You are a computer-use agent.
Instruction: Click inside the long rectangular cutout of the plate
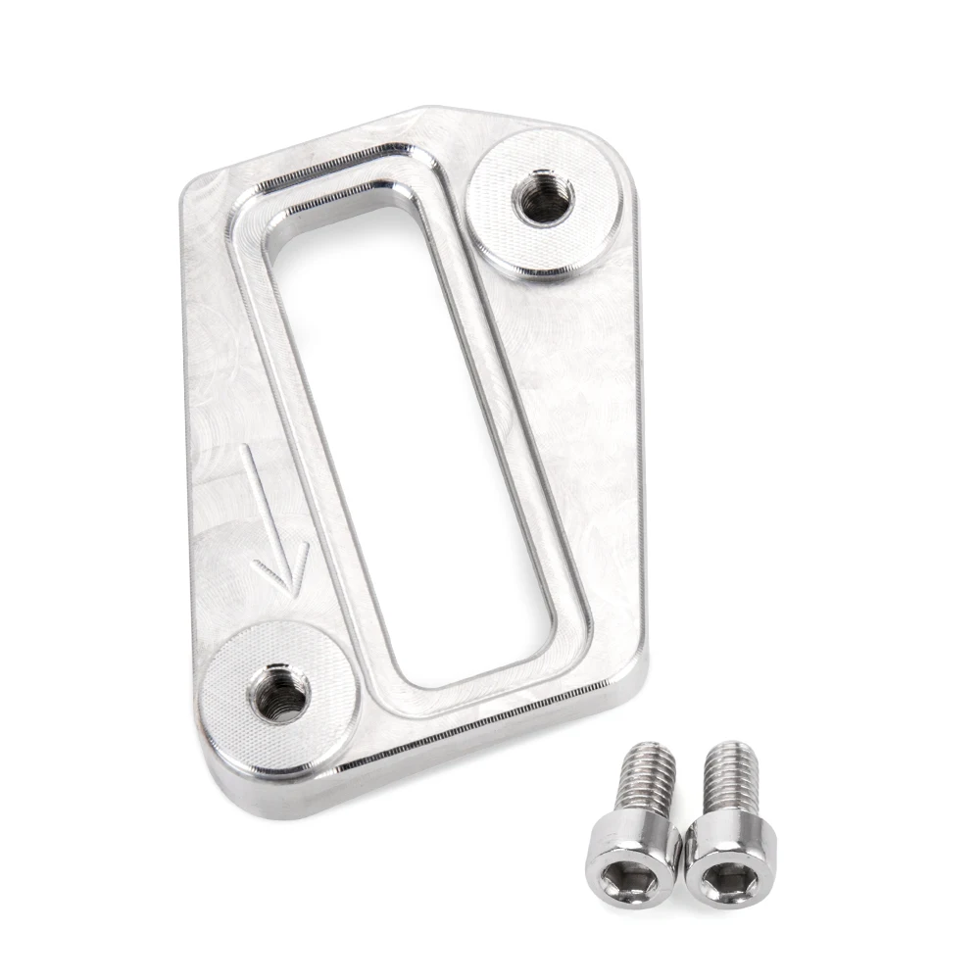pos(412,441)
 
